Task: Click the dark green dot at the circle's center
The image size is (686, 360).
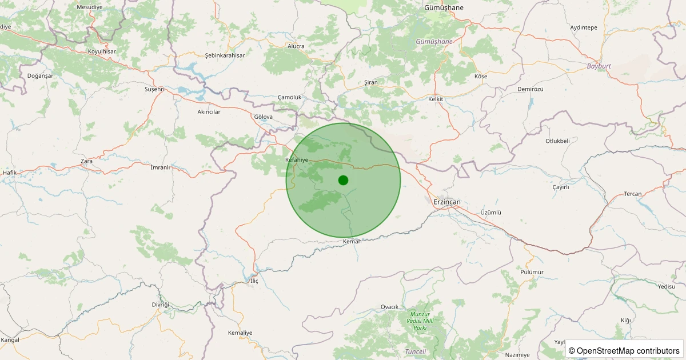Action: click(343, 180)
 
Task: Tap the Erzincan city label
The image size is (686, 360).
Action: click(447, 202)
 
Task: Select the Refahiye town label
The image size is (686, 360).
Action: click(297, 160)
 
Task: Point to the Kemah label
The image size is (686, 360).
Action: click(352, 242)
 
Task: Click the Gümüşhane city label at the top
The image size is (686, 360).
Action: click(444, 7)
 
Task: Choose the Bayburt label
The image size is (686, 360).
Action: click(599, 66)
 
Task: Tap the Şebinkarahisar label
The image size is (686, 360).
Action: click(225, 55)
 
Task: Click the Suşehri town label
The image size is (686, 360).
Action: click(154, 89)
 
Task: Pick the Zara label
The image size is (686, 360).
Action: click(86, 161)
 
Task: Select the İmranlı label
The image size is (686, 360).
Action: click(160, 167)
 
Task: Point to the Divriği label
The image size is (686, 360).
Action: click(161, 305)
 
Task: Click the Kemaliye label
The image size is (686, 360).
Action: click(240, 333)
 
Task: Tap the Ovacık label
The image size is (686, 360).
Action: click(389, 307)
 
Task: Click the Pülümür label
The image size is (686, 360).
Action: click(532, 272)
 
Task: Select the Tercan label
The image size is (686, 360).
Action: click(632, 194)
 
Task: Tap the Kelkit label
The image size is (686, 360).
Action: click(436, 99)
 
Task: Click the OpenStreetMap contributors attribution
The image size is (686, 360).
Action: click(624, 350)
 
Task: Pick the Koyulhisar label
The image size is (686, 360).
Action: click(102, 51)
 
